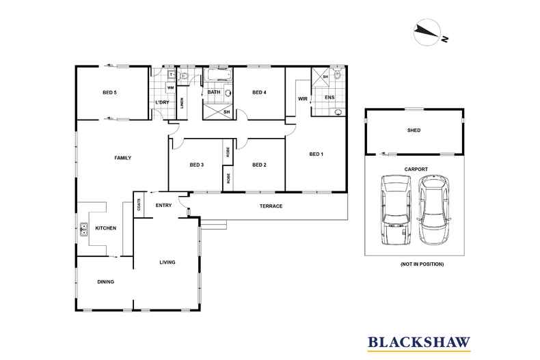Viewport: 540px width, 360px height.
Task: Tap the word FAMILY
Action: (122, 158)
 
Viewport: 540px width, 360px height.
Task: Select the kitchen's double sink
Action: (84, 230)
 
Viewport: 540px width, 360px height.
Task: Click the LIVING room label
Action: (167, 262)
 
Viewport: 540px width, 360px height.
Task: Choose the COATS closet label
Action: (139, 204)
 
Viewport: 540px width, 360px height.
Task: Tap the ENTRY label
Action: (163, 205)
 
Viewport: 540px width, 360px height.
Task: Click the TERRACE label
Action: (271, 206)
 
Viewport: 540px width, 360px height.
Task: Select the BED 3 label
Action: (197, 165)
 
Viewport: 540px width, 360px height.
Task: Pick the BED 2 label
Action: (258, 165)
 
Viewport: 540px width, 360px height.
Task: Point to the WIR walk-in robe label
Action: (302, 99)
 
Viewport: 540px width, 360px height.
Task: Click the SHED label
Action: (414, 130)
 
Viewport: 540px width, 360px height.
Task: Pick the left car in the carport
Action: (394, 210)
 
